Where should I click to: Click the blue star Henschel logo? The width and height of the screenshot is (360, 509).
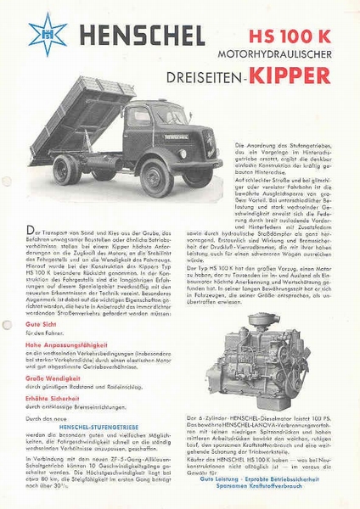(x=47, y=33)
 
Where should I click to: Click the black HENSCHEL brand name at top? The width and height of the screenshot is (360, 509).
(x=138, y=36)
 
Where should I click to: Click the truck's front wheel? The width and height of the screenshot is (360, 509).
(x=157, y=177)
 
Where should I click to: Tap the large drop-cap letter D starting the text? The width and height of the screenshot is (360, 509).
(x=31, y=232)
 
